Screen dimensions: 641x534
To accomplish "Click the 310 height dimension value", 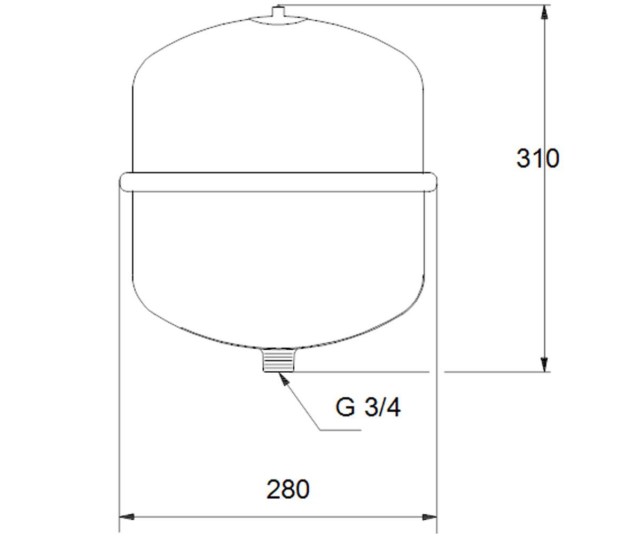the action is tap(538, 159).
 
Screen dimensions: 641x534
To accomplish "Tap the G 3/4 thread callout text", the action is tap(368, 407).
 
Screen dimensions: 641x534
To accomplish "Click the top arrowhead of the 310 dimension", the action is tap(545, 12).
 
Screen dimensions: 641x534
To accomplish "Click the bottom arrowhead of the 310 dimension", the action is tap(545, 364).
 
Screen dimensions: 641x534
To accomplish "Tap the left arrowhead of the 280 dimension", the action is tap(127, 517).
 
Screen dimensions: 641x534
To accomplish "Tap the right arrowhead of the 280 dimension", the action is tap(429, 517).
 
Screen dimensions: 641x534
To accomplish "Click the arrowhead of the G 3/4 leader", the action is tap(284, 378).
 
